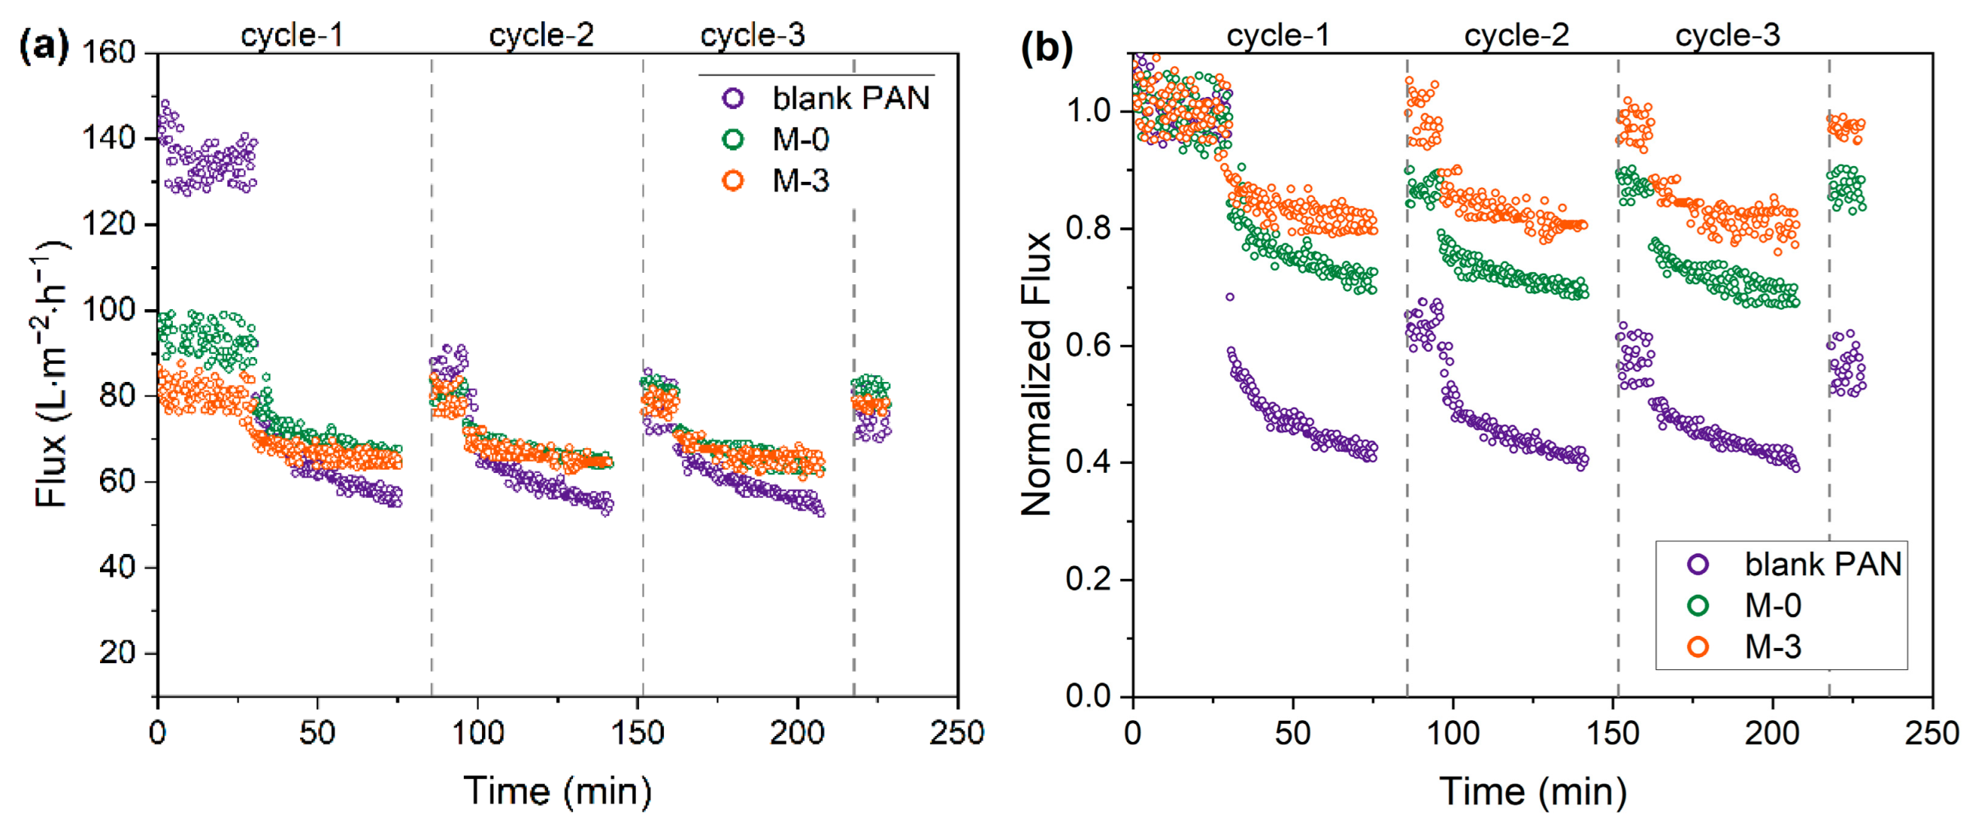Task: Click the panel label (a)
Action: click(43, 48)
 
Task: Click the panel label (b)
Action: click(1047, 48)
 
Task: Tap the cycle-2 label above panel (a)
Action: click(541, 35)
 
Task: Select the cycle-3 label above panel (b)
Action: click(1728, 35)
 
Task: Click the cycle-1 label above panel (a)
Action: click(292, 35)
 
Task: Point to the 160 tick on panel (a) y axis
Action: click(108, 53)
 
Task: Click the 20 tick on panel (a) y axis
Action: click(117, 653)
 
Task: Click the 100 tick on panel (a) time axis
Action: click(477, 734)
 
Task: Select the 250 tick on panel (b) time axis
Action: click(1931, 734)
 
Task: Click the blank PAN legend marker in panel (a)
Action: click(734, 98)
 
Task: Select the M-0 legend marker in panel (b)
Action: click(1698, 606)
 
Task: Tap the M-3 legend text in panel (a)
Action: click(801, 180)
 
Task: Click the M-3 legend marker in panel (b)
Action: click(1698, 647)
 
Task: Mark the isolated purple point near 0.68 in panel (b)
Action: click(1230, 297)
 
